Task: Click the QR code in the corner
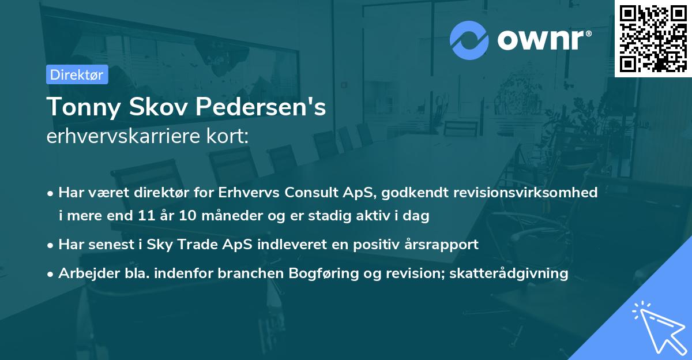[x=653, y=38]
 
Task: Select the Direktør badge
[x=77, y=74]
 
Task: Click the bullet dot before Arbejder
[x=51, y=274]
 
